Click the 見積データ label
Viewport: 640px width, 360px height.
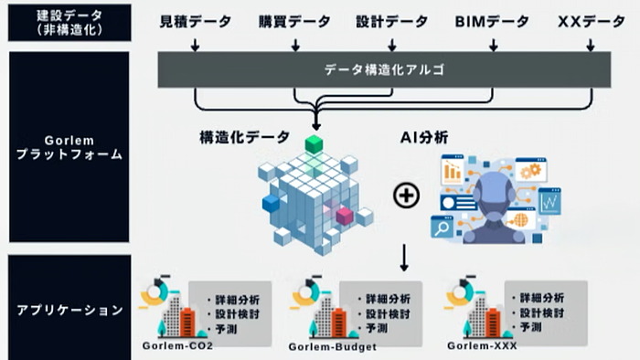pyautogui.click(x=195, y=21)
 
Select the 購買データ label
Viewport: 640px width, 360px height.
pyautogui.click(x=293, y=21)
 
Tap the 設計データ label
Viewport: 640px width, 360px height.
pyautogui.click(x=392, y=21)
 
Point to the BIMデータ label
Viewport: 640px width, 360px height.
pyautogui.click(x=492, y=21)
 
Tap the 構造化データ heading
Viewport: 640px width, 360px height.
pyautogui.click(x=239, y=138)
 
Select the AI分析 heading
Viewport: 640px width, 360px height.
pyautogui.click(x=422, y=138)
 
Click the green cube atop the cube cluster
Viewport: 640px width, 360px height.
pyautogui.click(x=315, y=143)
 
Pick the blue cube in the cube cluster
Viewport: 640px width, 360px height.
pyautogui.click(x=271, y=202)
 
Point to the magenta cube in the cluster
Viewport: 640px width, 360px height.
pyautogui.click(x=344, y=216)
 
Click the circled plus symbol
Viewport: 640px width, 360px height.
pyautogui.click(x=406, y=195)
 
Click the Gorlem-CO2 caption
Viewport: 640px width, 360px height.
pyautogui.click(x=176, y=345)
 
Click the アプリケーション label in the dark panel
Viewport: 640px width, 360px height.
pyautogui.click(x=70, y=311)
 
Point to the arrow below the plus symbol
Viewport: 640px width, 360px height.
pyautogui.click(x=403, y=259)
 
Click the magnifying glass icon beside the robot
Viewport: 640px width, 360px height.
pyautogui.click(x=443, y=228)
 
